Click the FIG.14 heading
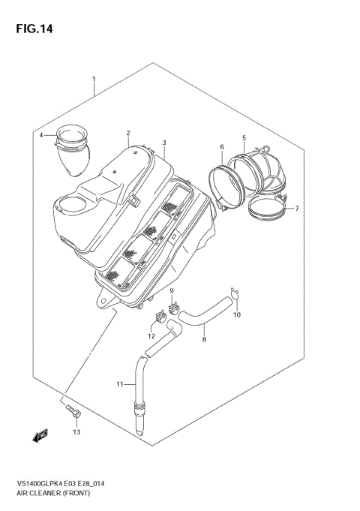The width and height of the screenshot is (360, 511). coord(31,29)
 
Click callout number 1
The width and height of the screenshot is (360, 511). coord(93,79)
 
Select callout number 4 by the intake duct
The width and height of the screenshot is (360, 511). coord(42,135)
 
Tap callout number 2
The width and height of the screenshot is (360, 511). coord(128,131)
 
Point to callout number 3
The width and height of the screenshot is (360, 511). coord(163,142)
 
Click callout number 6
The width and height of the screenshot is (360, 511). coord(221,146)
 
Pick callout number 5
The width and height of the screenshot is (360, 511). coord(244,137)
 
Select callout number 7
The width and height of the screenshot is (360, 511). coord(296,208)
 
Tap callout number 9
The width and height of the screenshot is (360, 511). coord(171,291)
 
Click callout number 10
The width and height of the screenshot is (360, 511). coord(237,314)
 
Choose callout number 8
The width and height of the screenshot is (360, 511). coord(205,340)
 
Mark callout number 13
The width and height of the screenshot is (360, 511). coord(75,432)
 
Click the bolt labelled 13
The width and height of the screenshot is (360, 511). coord(72,411)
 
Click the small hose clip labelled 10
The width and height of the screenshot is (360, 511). coord(235,295)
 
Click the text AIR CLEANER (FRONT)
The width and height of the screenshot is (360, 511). coord(47,494)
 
